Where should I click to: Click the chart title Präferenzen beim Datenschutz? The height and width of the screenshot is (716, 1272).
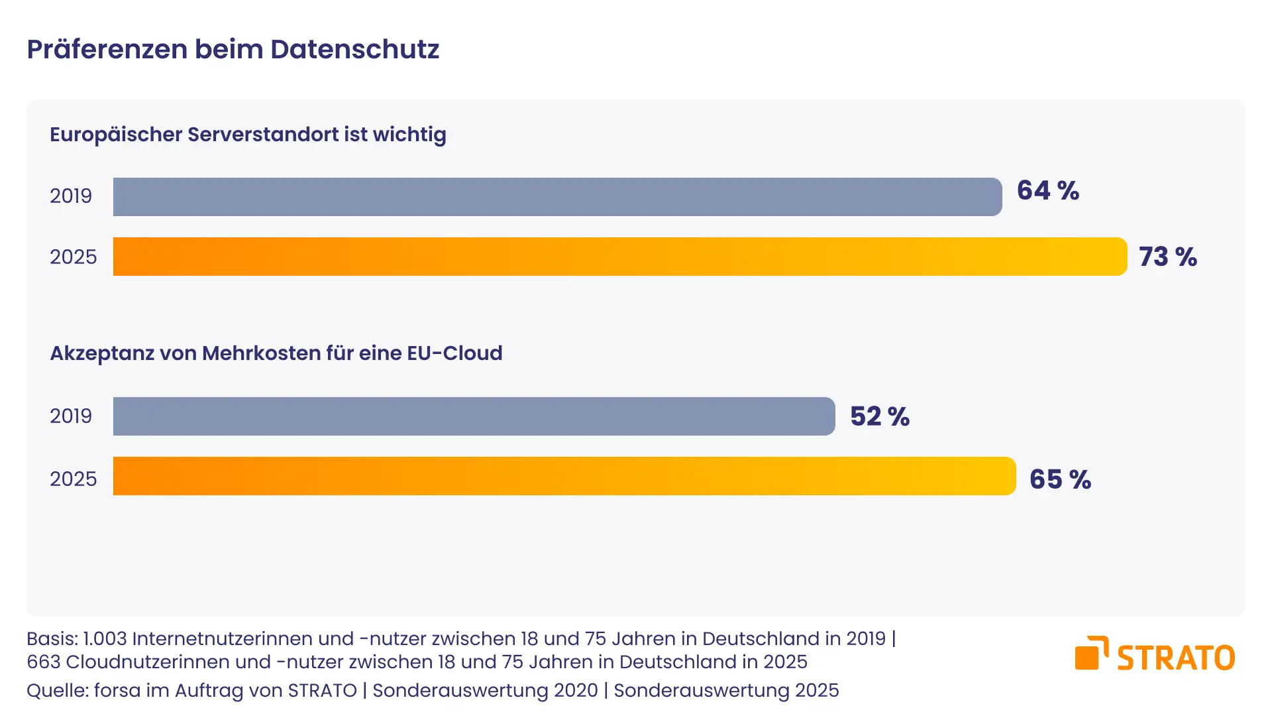233,50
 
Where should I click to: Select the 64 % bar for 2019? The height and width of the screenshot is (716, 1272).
557,197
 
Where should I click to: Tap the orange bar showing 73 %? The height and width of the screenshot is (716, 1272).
620,257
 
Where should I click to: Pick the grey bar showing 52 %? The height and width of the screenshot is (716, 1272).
474,416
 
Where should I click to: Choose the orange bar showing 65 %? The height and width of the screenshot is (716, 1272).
564,476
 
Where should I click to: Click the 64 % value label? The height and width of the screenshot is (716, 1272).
1048,191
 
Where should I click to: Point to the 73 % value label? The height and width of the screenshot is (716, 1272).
1168,257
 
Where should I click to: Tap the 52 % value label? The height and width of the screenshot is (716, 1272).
880,416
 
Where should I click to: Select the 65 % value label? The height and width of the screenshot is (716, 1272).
1060,479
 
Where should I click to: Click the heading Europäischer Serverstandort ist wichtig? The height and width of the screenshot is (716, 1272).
248,135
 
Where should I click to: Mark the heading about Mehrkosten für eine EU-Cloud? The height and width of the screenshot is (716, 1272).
276,353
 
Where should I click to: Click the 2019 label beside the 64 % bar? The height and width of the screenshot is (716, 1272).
71,196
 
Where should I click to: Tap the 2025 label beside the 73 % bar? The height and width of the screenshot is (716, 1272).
74,257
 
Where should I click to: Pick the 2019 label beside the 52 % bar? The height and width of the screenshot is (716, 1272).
71,416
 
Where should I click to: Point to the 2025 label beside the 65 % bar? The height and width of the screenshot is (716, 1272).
74,479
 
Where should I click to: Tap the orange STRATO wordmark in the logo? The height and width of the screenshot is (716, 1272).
1176,658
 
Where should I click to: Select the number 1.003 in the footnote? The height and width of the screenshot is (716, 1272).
105,639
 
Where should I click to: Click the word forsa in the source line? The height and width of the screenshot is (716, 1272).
117,691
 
